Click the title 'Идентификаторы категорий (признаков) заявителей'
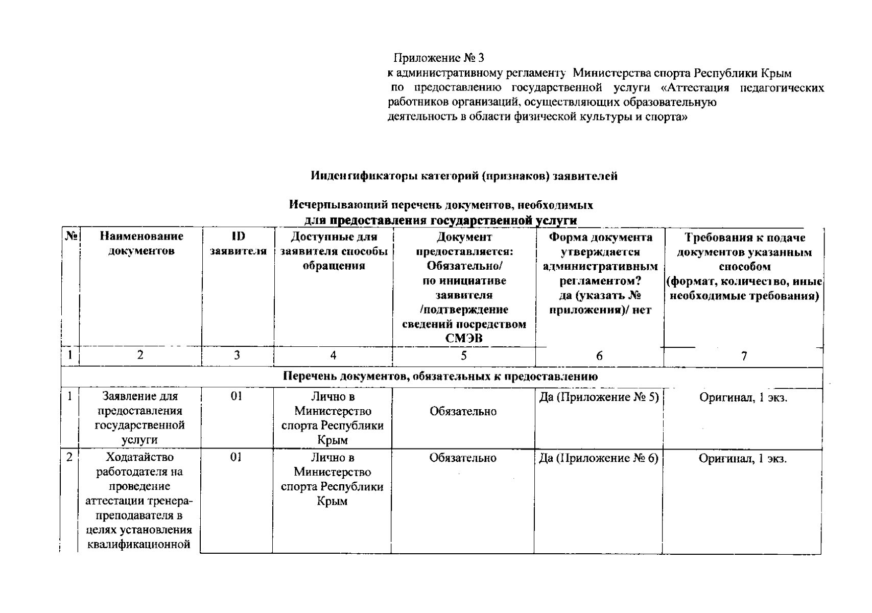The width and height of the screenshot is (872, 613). click(x=464, y=176)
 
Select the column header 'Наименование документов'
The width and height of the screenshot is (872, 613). click(x=141, y=244)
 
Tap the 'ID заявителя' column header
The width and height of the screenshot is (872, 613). click(x=238, y=244)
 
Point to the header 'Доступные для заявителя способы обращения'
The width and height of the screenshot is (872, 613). click(x=334, y=251)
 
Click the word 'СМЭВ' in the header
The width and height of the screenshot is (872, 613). click(x=464, y=338)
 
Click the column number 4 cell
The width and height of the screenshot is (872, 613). click(x=333, y=356)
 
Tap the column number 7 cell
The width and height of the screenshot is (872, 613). click(x=744, y=357)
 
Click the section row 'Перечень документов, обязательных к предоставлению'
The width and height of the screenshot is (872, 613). click(x=441, y=377)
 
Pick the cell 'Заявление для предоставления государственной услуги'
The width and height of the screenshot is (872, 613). click(x=140, y=418)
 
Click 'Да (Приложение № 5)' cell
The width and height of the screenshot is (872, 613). click(x=599, y=397)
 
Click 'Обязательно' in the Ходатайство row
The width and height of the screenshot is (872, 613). click(x=463, y=458)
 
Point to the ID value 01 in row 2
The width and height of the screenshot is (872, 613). click(x=235, y=458)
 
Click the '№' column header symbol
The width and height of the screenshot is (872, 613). click(x=71, y=237)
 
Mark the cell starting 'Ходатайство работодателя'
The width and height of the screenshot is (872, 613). click(x=140, y=501)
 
